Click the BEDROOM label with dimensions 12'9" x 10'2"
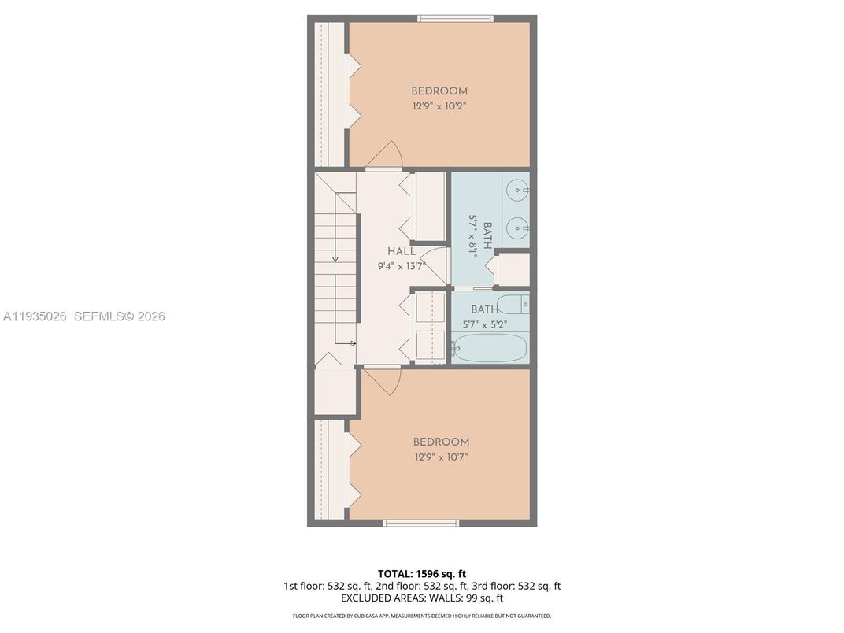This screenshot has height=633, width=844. [x=439, y=91]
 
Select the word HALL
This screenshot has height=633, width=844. [x=401, y=251]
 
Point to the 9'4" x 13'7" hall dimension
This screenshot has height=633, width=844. [x=401, y=266]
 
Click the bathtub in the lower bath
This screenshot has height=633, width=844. [x=489, y=347]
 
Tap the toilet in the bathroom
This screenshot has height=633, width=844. [x=513, y=305]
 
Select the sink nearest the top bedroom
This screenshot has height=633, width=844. [x=517, y=189]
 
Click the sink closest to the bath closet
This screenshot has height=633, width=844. [x=517, y=229]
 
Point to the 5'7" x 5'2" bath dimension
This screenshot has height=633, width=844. [x=484, y=324]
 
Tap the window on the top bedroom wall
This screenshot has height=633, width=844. [x=455, y=18]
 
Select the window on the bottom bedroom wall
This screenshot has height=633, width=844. [x=420, y=523]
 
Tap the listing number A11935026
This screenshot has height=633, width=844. [x=35, y=316]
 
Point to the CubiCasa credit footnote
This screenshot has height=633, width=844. [x=421, y=616]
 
